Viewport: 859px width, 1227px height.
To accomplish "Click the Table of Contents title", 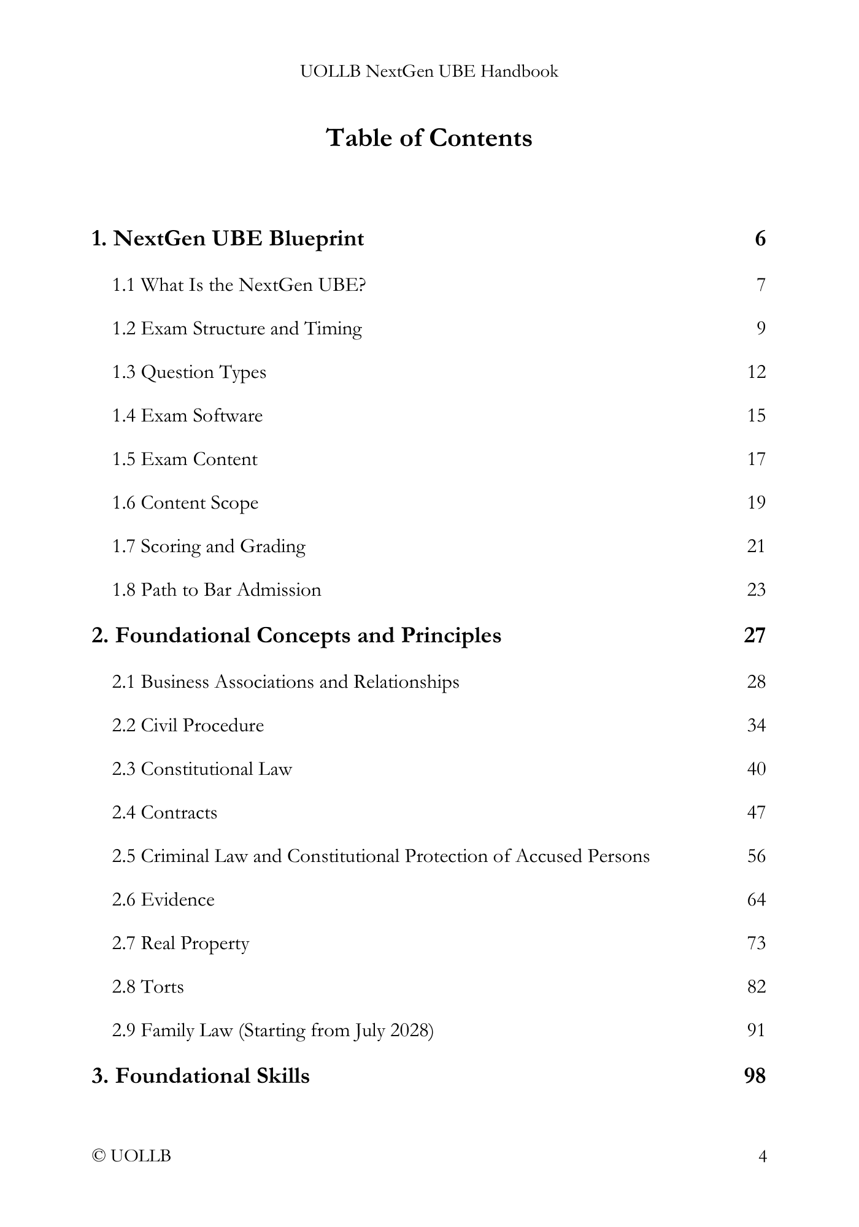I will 429,138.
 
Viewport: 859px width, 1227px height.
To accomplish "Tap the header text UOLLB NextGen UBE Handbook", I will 429,72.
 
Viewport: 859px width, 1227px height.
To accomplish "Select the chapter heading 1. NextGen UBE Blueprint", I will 228,238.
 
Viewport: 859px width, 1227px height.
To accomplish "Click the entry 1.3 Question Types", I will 189,372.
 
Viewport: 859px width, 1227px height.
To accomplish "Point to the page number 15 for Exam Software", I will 757,416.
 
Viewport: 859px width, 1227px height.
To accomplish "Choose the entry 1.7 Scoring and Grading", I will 209,547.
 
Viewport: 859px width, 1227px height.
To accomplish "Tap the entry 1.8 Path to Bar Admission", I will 217,590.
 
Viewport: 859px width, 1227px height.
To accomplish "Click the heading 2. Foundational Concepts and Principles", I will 296,636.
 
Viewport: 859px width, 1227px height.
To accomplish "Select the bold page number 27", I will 755,636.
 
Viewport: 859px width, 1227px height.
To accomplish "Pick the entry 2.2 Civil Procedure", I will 188,726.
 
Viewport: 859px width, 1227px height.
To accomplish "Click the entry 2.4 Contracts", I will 164,813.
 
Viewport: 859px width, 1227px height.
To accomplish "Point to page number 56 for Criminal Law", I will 757,856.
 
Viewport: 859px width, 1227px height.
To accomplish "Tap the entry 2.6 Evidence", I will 163,900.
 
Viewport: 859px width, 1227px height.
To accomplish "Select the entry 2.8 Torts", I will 148,987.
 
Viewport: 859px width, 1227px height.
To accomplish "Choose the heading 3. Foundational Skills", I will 201,1076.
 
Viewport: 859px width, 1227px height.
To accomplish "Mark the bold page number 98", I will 755,1076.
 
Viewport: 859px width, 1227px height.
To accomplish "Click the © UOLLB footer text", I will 131,1156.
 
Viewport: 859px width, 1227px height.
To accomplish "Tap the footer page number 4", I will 763,1157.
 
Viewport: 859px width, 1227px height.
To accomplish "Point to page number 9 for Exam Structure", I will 761,329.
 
